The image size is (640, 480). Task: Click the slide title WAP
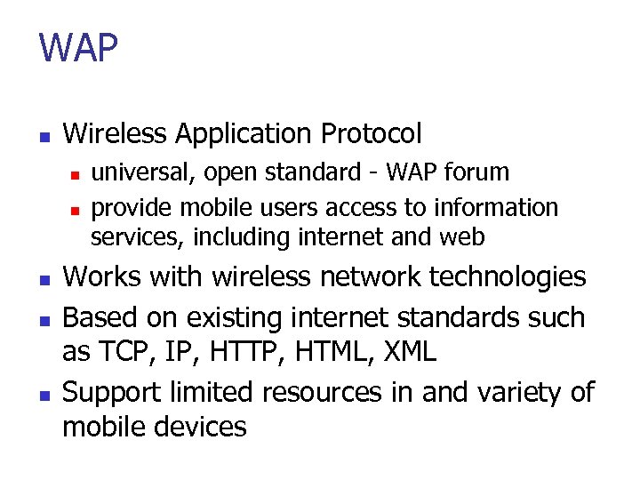point(78,48)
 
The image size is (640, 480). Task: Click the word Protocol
point(372,134)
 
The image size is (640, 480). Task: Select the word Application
point(242,134)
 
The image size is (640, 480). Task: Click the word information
point(496,207)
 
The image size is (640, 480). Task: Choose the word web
point(465,237)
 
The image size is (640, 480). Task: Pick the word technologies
point(508,277)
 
